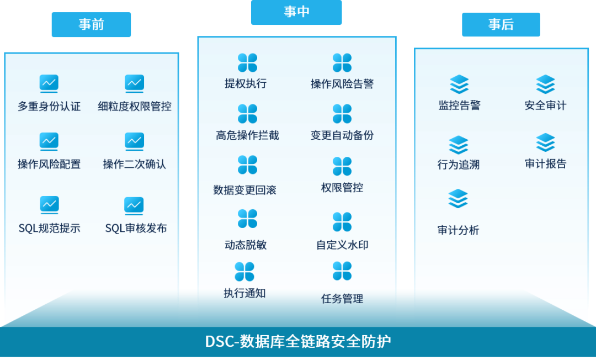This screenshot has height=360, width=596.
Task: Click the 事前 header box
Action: [91, 25]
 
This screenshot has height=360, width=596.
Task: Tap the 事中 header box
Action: [296, 12]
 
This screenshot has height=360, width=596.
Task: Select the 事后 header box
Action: [501, 25]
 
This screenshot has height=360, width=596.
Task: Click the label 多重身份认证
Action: [49, 107]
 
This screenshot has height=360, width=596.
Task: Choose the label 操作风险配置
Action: [49, 165]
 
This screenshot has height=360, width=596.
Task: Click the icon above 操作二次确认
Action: [134, 141]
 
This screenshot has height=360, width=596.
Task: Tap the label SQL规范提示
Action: [49, 229]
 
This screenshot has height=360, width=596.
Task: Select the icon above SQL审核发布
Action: [134, 205]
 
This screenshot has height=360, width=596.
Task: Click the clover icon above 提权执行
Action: [247, 62]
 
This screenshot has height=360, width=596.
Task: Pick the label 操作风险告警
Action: [342, 84]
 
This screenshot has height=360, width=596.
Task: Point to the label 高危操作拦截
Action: [247, 135]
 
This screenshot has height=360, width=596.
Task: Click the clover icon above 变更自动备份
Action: [342, 114]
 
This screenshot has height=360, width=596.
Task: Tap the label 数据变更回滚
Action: [244, 190]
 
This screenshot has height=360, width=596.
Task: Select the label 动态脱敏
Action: [246, 245]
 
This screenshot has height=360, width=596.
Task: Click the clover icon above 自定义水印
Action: [342, 221]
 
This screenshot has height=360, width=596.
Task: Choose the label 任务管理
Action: [342, 299]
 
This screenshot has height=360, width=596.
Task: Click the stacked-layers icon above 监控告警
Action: [459, 84]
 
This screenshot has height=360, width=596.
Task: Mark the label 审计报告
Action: [545, 164]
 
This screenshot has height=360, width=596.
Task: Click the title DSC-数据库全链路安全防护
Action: [298, 341]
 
